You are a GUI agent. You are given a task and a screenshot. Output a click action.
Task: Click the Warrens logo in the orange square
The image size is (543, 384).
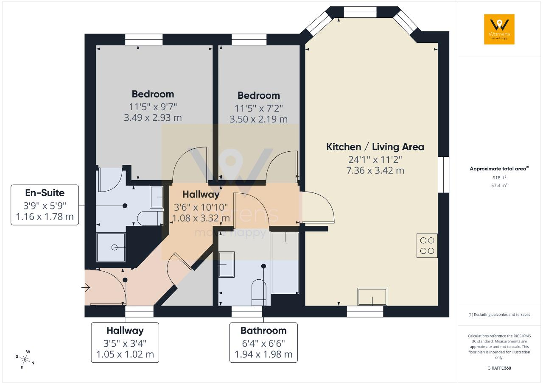click(x=499, y=29)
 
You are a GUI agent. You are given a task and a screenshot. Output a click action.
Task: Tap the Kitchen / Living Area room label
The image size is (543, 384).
click(x=375, y=147)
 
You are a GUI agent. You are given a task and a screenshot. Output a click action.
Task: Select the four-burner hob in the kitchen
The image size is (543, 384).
click(x=427, y=245)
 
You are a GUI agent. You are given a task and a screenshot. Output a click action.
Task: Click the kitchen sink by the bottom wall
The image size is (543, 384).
click(x=372, y=297)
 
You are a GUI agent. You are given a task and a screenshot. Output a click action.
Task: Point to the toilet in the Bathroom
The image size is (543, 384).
click(x=259, y=292)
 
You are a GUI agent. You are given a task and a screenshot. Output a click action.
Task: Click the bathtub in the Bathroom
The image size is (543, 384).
click(x=285, y=263)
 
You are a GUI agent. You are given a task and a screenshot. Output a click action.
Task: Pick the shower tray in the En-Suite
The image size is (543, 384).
click(x=111, y=247)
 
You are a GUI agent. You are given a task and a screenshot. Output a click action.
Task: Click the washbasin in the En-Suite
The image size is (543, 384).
click(x=157, y=197)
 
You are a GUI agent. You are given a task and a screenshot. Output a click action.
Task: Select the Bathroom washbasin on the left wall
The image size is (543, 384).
click(x=227, y=264)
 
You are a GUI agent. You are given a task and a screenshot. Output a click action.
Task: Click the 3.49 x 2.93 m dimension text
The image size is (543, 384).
click(x=153, y=118)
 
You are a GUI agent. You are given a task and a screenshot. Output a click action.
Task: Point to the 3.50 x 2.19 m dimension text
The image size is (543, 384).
click(x=259, y=119)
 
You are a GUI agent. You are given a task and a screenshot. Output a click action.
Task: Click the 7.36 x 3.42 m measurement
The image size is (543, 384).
click(x=375, y=170)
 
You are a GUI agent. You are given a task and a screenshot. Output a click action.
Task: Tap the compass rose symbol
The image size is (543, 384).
click(x=25, y=360)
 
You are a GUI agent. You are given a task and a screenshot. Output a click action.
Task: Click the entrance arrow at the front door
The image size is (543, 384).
click(x=86, y=288)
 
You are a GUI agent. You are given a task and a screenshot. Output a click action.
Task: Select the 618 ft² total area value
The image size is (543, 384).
click(x=499, y=178)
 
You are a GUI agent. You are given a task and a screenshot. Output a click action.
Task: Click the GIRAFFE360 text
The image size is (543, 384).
click(x=499, y=368)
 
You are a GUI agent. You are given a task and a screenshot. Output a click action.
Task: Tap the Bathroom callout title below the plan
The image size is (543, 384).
click(x=263, y=331)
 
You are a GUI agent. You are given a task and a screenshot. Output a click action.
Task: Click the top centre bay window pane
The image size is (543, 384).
click(x=360, y=12)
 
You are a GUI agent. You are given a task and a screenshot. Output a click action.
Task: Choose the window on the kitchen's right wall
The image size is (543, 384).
click(x=444, y=175)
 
